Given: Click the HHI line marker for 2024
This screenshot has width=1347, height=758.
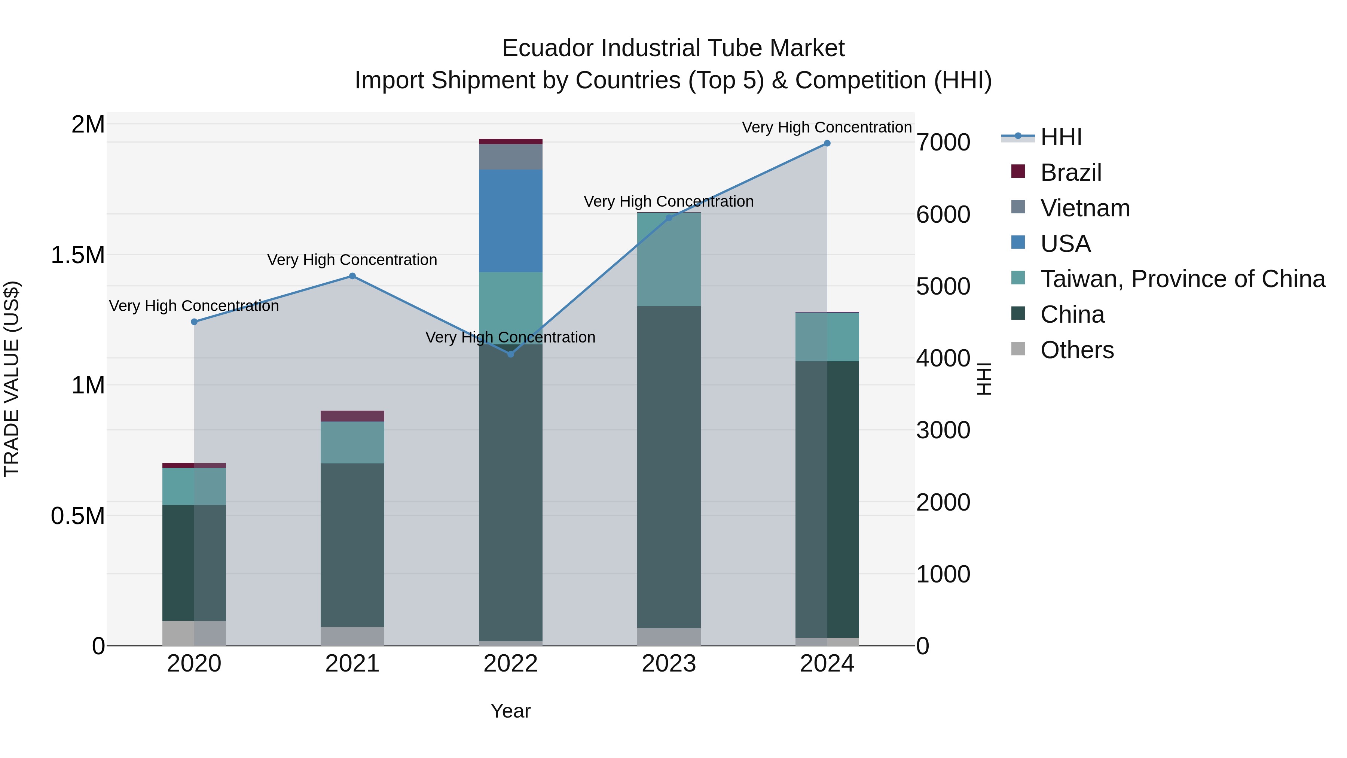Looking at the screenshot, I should (827, 143).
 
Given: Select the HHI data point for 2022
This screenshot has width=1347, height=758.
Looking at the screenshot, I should (511, 354).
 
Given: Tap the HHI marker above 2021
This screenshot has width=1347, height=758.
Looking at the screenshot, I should (352, 276).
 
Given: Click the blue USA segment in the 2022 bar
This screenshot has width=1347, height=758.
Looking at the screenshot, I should (511, 221).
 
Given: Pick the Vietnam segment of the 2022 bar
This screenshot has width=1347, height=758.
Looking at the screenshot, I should (511, 157).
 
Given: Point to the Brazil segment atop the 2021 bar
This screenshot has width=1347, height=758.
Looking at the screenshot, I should (352, 416).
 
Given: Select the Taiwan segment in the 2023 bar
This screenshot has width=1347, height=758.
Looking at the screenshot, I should (669, 259).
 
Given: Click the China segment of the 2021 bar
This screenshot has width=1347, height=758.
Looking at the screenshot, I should (352, 544).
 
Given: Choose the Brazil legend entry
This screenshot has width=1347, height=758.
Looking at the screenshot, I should (1070, 173).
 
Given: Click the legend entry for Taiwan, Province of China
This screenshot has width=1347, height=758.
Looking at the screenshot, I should (1182, 279).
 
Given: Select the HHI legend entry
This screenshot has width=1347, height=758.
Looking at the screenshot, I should (1060, 137).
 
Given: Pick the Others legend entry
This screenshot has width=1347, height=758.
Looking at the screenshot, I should (1076, 350).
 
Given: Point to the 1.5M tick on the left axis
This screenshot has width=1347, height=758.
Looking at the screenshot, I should (77, 255).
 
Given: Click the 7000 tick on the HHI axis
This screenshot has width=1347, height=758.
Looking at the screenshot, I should (943, 142).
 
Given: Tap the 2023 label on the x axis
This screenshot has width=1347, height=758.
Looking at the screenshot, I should (669, 664).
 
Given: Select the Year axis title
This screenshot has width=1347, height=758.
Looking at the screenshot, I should (510, 711).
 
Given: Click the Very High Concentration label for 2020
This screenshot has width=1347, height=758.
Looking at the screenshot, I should (194, 306).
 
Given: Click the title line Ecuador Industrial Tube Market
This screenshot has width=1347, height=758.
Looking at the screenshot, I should (673, 48).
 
